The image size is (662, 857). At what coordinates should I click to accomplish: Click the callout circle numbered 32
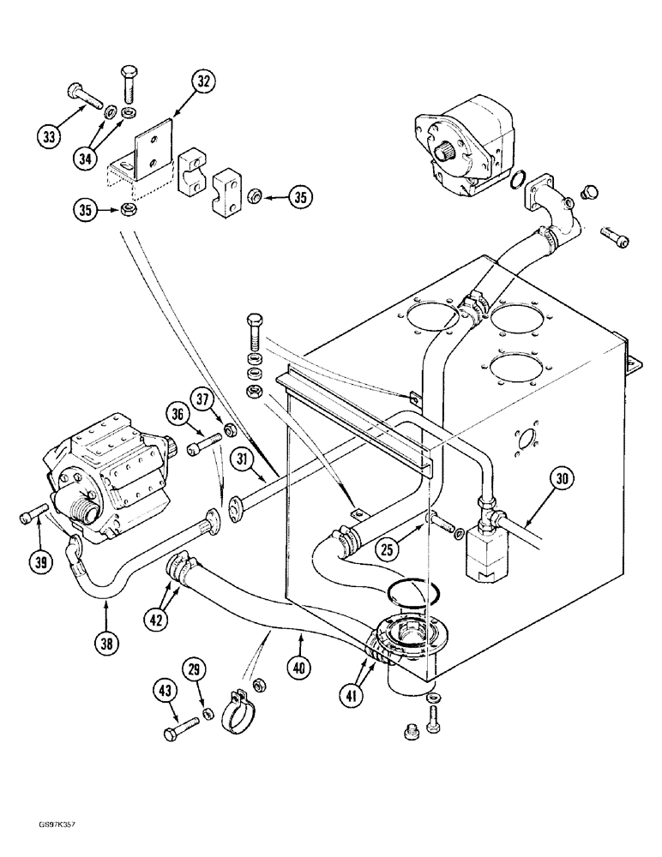tap(202, 82)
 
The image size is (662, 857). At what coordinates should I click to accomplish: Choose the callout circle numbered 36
tap(178, 414)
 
